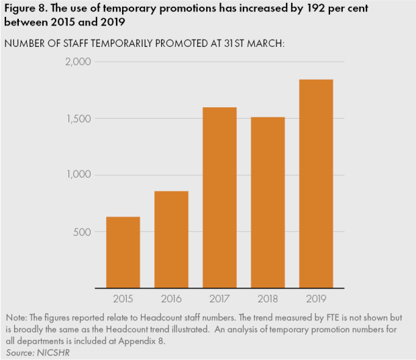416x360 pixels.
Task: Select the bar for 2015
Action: [x=123, y=252]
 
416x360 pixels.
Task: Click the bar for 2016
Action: [x=171, y=239]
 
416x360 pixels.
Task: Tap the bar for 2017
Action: [x=219, y=198]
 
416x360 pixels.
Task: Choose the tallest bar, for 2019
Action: [x=316, y=184]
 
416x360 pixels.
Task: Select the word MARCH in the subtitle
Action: [x=267, y=44]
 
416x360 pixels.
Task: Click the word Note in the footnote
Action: [x=16, y=316]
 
